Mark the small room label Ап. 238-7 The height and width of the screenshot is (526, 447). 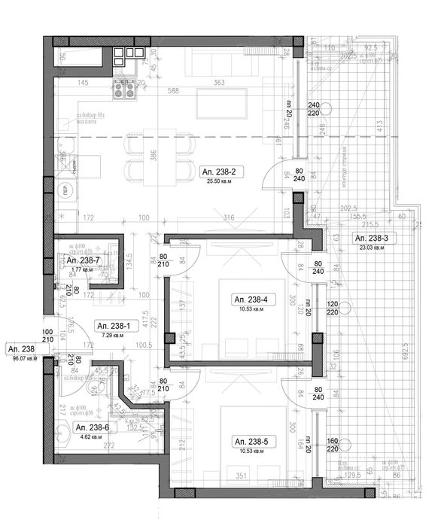point(82,260)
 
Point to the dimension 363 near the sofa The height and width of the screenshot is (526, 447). point(220,82)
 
